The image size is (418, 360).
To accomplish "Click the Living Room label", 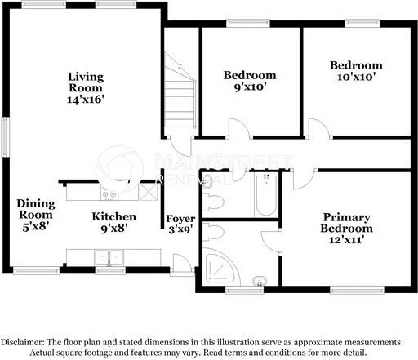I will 86,87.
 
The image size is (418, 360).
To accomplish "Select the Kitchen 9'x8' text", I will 113,222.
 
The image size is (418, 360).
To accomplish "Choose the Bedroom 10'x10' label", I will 355,71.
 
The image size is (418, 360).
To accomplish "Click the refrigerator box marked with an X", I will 147,191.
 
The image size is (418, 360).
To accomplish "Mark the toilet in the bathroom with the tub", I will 215,200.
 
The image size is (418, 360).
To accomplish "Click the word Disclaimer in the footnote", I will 24,341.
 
